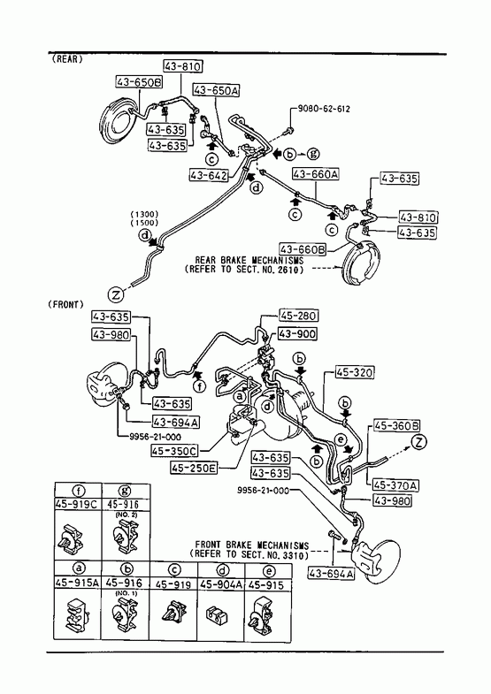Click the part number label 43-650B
click(139, 82)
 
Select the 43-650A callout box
click(216, 90)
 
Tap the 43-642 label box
click(209, 175)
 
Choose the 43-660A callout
click(315, 174)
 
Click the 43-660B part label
click(303, 249)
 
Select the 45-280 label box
click(298, 316)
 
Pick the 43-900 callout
click(297, 333)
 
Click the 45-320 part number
click(354, 372)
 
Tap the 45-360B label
click(397, 426)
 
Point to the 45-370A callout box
click(395, 485)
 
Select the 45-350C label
click(174, 451)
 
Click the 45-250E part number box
click(194, 468)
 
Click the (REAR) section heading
click(67, 59)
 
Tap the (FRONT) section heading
click(65, 304)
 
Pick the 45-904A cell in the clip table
click(221, 584)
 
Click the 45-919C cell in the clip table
click(78, 504)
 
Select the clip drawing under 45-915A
click(78, 614)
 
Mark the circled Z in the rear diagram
click(116, 294)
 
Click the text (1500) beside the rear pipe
click(144, 223)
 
